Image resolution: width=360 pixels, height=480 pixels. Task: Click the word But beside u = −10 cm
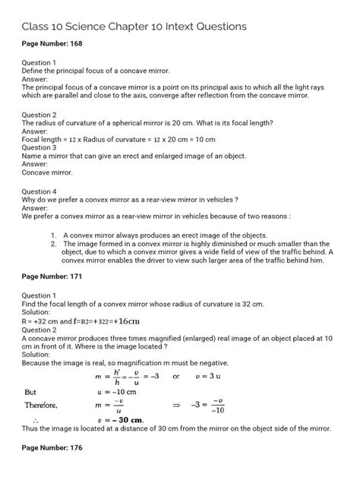click(x=31, y=391)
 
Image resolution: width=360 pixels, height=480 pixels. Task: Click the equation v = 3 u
click(x=241, y=377)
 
